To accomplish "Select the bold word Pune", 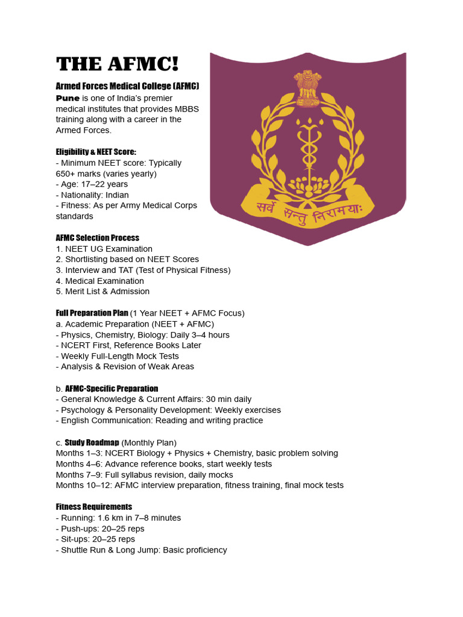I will pos(68,98).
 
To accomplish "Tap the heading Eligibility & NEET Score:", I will pos(96,152).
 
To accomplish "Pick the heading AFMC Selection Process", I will pos(98,238).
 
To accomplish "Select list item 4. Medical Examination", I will pos(99,281).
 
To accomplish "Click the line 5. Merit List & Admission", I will pos(102,292).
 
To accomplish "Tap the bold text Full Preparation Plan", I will pos(92,313).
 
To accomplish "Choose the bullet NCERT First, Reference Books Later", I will pos(131,345).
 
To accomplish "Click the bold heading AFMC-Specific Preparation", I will pos(112,389).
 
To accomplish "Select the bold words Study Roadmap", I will pos(92,443).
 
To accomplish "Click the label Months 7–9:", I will pos(78,475).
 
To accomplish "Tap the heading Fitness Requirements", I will pos(94,507).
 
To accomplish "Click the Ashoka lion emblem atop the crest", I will pos(307,84).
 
